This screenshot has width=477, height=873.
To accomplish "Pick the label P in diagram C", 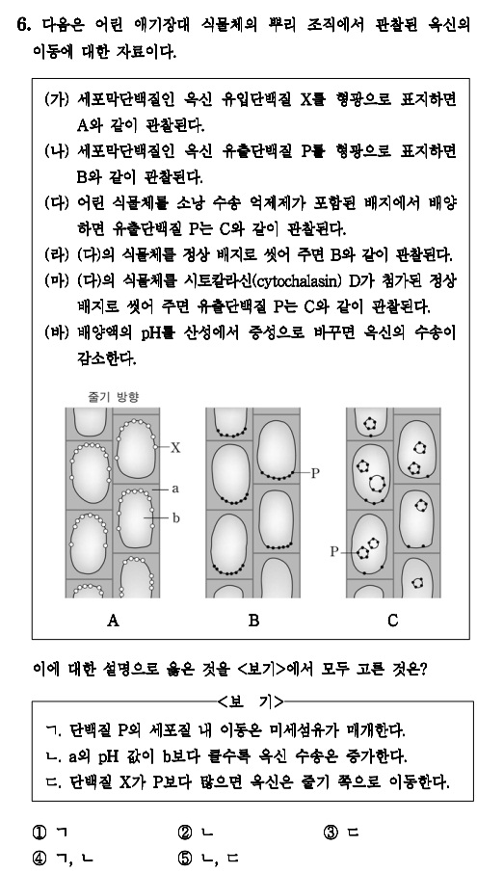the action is [335, 552].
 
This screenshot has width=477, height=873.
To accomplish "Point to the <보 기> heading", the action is [254, 698].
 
